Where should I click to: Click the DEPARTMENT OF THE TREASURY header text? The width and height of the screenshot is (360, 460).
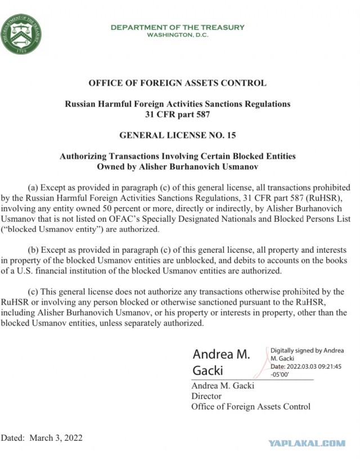pyautogui.click(x=177, y=27)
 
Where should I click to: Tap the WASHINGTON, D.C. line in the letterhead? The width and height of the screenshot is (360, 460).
pyautogui.click(x=177, y=35)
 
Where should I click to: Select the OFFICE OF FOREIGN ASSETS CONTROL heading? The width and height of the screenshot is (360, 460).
pyautogui.click(x=177, y=83)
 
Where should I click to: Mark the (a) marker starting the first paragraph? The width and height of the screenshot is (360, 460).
pyautogui.click(x=33, y=187)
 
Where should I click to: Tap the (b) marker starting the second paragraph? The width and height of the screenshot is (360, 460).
pyautogui.click(x=33, y=249)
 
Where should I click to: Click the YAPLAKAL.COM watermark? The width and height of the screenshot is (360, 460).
pyautogui.click(x=307, y=443)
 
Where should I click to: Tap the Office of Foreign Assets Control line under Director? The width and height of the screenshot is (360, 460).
pyautogui.click(x=250, y=407)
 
